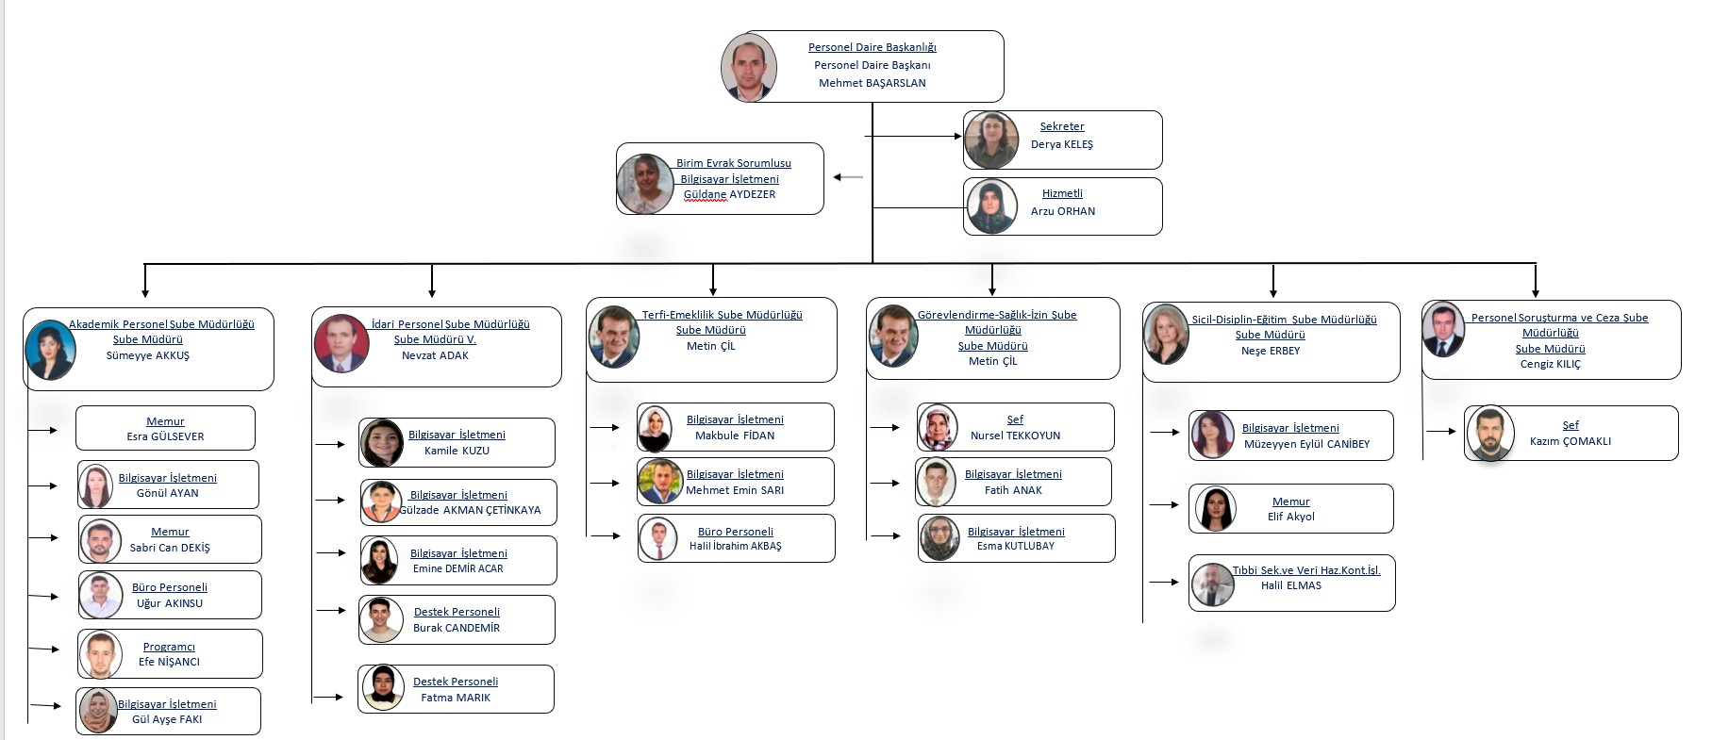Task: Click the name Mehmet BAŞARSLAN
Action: tap(872, 83)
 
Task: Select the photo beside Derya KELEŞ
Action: tap(990, 140)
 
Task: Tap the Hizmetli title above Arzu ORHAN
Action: tap(1062, 193)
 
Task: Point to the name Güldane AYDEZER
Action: tap(729, 194)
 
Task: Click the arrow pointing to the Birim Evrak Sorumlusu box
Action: tap(847, 177)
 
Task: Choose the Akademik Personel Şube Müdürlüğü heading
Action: tap(161, 324)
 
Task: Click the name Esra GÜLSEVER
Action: tap(165, 436)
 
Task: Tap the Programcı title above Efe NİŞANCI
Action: tap(169, 647)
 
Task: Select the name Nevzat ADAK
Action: tap(435, 355)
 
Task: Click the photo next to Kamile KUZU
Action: tap(382, 442)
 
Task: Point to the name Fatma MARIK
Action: tap(456, 698)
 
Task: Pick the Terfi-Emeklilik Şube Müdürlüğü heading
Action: tap(722, 315)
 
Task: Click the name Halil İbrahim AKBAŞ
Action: tap(735, 546)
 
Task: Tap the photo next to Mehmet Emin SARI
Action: tap(659, 482)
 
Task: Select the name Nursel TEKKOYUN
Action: tap(1015, 436)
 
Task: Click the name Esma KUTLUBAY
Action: tap(1015, 546)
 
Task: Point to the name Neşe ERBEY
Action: tap(1270, 351)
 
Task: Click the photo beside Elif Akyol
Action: tap(1215, 509)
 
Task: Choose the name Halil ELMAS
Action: tap(1290, 585)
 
